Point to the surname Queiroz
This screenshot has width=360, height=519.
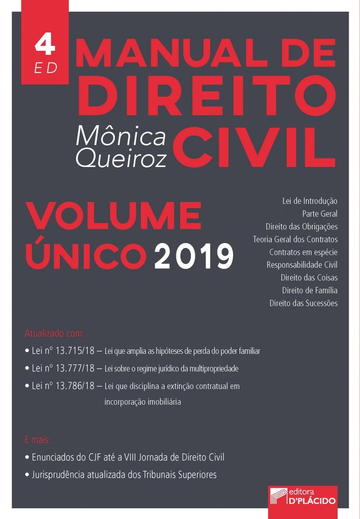pos(121,158)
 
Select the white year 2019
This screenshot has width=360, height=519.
pos(194,256)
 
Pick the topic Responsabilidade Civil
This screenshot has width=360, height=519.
pos(302,264)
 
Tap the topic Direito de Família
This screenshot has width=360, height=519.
pos(310,290)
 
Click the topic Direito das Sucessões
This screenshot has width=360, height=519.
pos(303,303)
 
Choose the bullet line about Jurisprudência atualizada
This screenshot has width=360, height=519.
pos(121,474)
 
